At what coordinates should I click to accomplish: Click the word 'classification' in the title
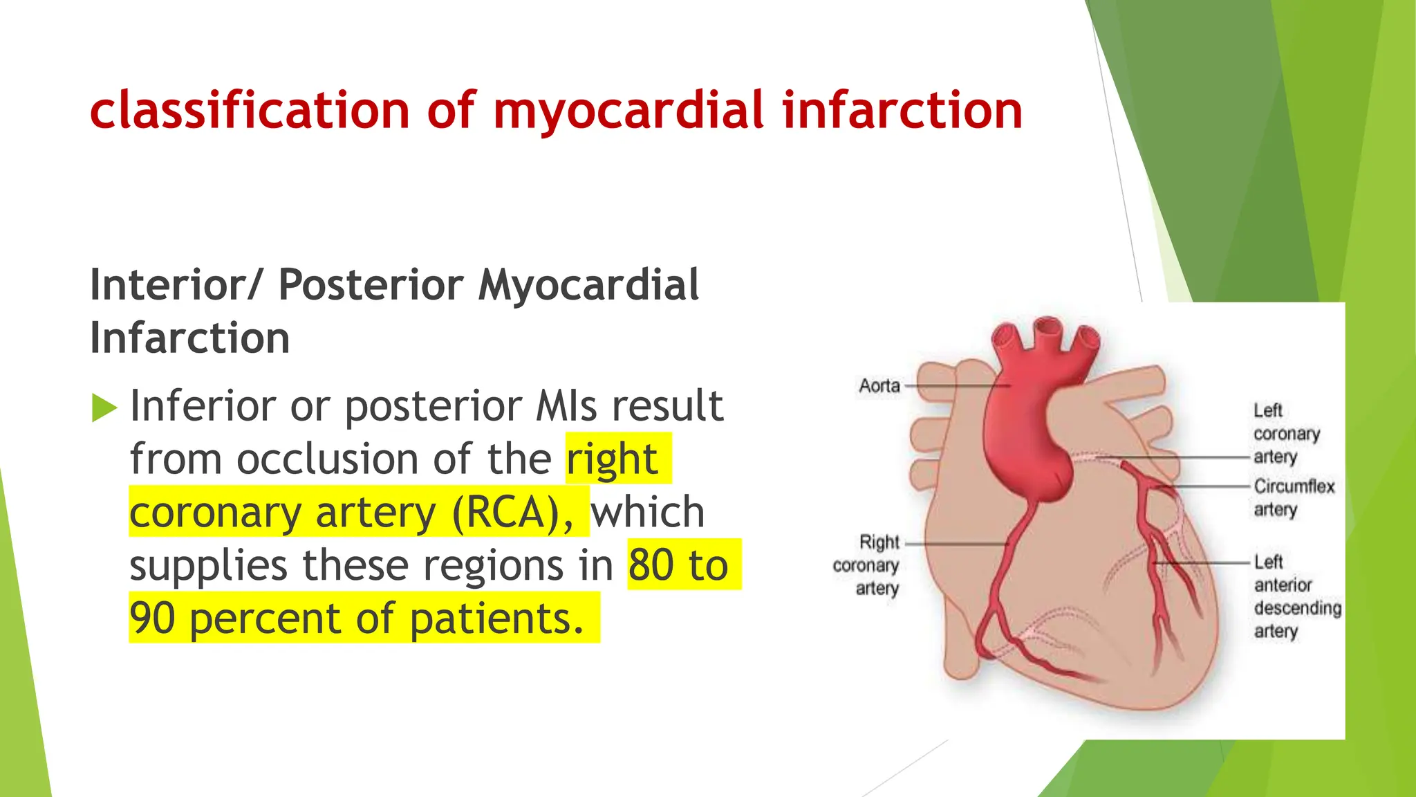250,110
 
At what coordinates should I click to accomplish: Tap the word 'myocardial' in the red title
628,111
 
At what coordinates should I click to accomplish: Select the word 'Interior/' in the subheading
176,285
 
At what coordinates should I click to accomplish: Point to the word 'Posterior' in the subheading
371,285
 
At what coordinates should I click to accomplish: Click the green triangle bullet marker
104,407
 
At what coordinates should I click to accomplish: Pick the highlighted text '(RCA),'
513,513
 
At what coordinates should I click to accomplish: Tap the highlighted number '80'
651,565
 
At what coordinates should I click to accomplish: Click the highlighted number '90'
152,619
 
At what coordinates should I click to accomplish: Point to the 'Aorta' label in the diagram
879,385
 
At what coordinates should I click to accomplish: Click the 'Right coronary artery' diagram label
866,565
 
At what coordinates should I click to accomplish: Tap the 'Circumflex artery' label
1293,497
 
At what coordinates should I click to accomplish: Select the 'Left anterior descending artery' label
1296,596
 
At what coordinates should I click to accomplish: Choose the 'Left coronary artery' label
1285,433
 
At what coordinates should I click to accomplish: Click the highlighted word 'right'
612,459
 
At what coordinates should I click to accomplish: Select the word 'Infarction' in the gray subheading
190,338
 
